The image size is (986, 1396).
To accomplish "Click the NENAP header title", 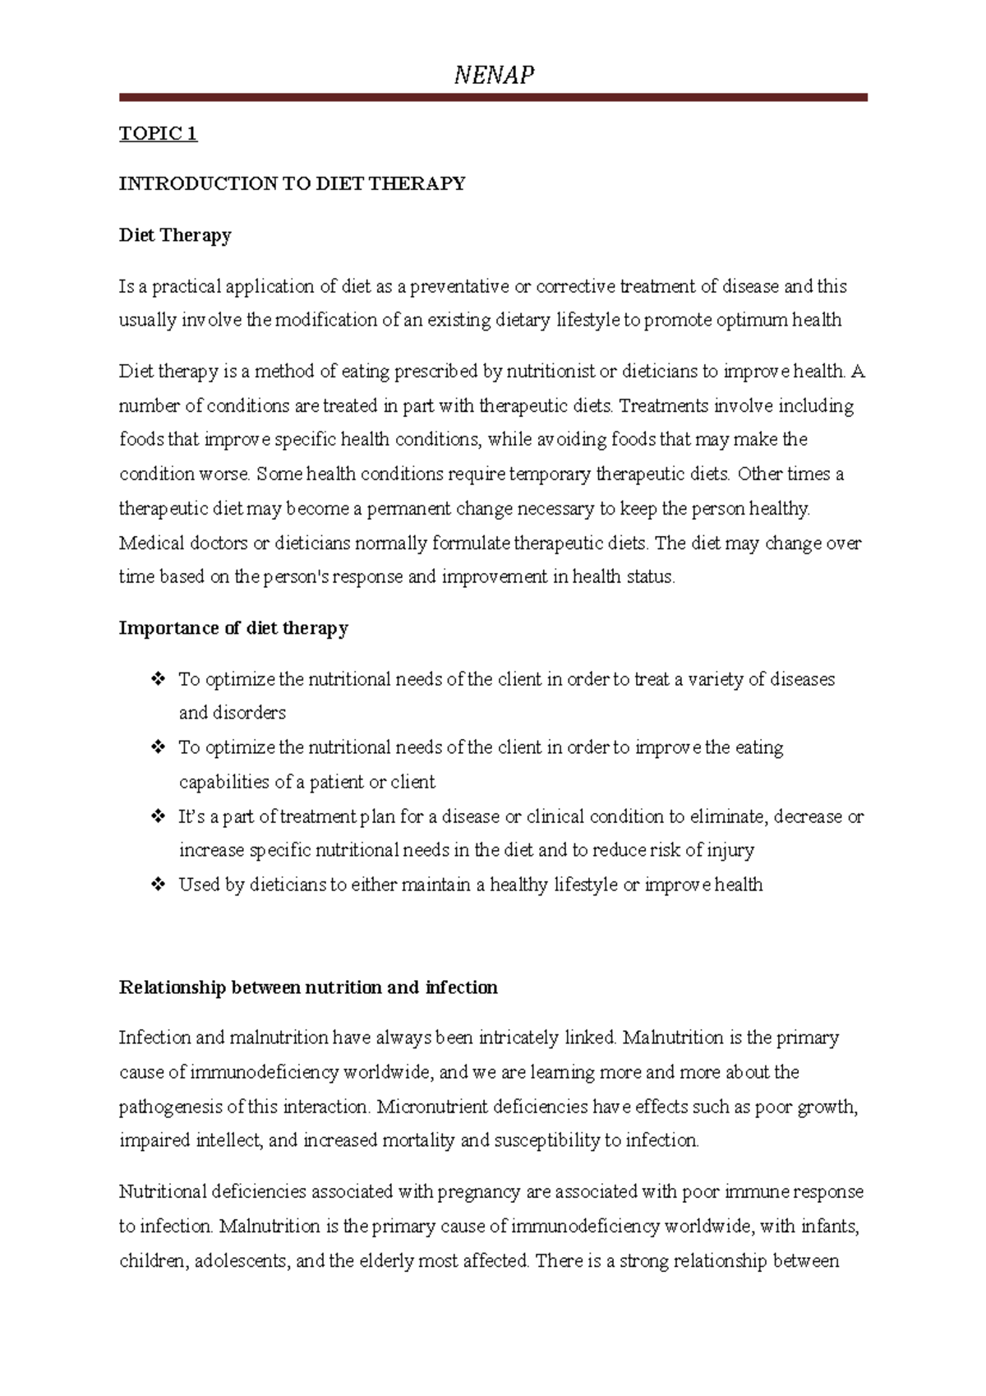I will [x=494, y=76].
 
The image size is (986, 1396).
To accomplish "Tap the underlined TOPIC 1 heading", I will [x=158, y=133].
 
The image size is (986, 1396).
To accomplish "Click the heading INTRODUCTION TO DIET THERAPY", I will [x=292, y=183].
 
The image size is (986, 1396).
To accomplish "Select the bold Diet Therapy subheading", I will [x=175, y=235].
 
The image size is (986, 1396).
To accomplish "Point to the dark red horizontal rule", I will [x=493, y=97].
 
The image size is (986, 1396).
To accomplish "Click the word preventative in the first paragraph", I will [x=459, y=286].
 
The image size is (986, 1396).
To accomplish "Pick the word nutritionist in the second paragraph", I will [x=551, y=372].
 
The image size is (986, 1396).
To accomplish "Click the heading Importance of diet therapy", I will [x=233, y=628].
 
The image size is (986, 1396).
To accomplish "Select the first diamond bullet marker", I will [x=158, y=679].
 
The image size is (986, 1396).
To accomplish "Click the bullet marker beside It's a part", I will [x=158, y=816].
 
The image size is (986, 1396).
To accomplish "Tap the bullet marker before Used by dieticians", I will [x=158, y=885].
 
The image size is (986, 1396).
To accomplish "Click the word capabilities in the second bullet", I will [x=224, y=782].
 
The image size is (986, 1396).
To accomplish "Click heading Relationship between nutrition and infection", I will [x=308, y=987].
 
